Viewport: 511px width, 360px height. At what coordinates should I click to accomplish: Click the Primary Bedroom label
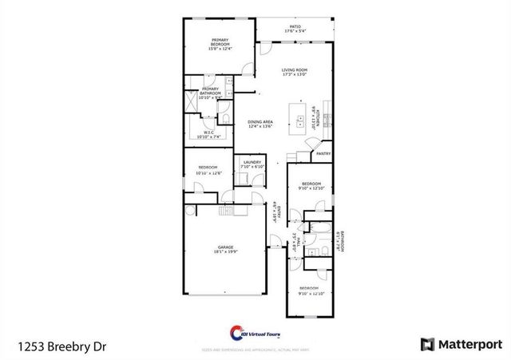pyautogui.click(x=220, y=42)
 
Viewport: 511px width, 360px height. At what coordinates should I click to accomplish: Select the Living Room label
pyautogui.click(x=294, y=70)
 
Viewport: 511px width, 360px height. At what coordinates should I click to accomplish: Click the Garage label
pyautogui.click(x=225, y=247)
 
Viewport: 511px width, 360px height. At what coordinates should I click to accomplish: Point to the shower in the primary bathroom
pyautogui.click(x=192, y=102)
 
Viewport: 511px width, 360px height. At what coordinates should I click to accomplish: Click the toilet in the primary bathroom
pyautogui.click(x=226, y=119)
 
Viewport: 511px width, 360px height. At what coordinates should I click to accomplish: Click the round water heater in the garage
pyautogui.click(x=190, y=211)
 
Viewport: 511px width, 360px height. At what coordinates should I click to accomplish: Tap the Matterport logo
pyautogui.click(x=461, y=344)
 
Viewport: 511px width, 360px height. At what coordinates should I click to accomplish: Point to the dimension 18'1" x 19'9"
pyautogui.click(x=225, y=252)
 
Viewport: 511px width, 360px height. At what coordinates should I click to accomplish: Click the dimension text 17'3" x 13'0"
pyautogui.click(x=294, y=75)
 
